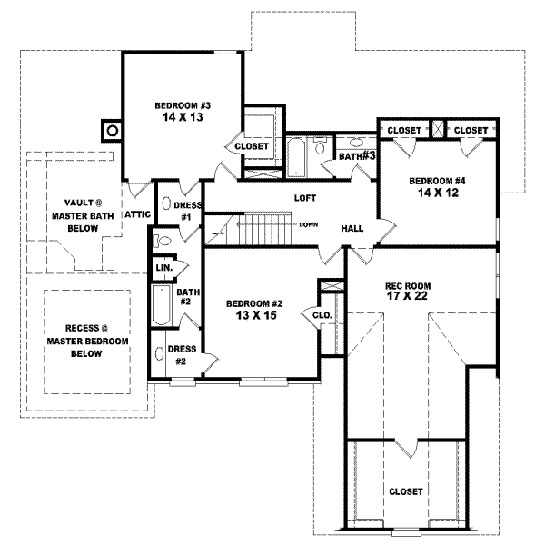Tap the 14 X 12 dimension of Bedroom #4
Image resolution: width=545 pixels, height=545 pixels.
[437, 193]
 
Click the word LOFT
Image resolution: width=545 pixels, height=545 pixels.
[304, 197]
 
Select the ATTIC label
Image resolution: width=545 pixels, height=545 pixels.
[136, 214]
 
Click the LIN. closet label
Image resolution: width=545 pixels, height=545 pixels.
[164, 269]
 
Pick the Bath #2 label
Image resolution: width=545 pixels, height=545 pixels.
[188, 298]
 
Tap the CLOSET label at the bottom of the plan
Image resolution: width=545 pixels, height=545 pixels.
[405, 491]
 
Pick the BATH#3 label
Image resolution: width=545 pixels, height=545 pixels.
[358, 157]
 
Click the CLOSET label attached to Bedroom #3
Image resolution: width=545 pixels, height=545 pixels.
[252, 145]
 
